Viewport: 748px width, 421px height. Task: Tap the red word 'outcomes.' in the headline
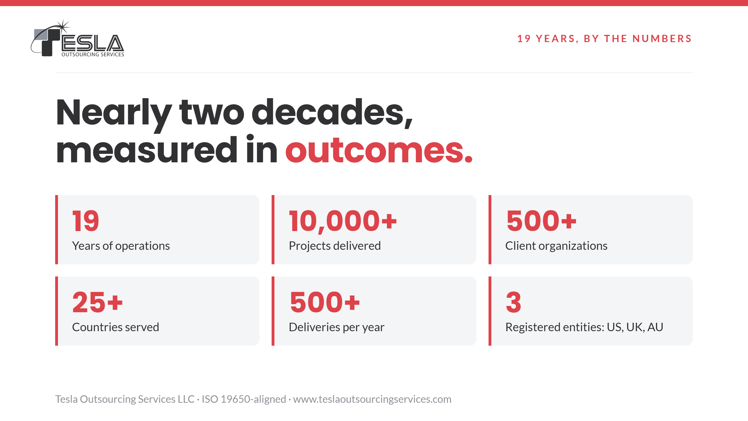click(379, 150)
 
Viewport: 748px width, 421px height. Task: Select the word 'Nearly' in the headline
click(114, 115)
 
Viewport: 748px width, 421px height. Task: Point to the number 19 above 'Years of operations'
click(86, 221)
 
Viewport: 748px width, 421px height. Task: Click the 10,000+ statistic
click(343, 222)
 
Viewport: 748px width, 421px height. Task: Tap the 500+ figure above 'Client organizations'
click(541, 221)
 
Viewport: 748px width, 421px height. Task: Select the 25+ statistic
click(97, 302)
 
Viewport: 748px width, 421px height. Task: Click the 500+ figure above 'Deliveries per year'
click(325, 302)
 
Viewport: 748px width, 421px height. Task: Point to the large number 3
click(513, 302)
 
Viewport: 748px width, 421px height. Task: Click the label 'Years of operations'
click(121, 246)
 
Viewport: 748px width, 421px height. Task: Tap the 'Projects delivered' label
click(334, 246)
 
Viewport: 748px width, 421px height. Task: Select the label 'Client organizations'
click(556, 246)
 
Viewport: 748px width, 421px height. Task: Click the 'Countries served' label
click(115, 327)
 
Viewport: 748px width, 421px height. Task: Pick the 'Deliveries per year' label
click(337, 327)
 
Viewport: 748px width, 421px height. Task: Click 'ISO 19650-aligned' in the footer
click(244, 399)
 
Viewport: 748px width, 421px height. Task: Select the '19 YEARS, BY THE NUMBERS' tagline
click(604, 39)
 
